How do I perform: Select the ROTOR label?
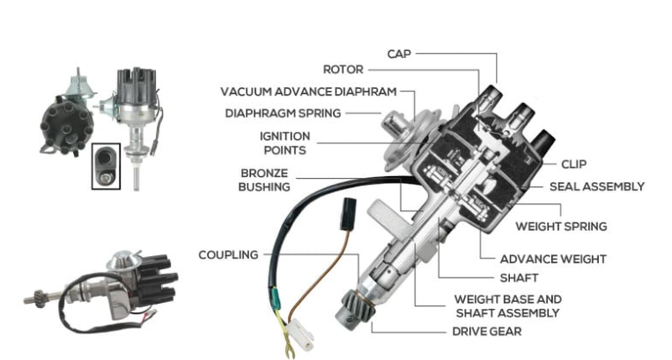point(344,70)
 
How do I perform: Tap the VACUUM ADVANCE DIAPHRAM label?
point(308,91)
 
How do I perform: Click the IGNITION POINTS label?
point(282,143)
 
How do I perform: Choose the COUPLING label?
point(228,255)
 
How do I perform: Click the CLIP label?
point(574,164)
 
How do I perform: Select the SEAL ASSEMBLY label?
point(596,186)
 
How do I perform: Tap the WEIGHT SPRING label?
point(560,227)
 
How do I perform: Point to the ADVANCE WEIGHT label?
point(553,259)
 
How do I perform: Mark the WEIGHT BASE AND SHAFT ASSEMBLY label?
point(508,305)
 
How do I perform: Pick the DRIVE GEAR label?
point(487,331)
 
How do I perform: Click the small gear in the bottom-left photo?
point(38,297)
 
